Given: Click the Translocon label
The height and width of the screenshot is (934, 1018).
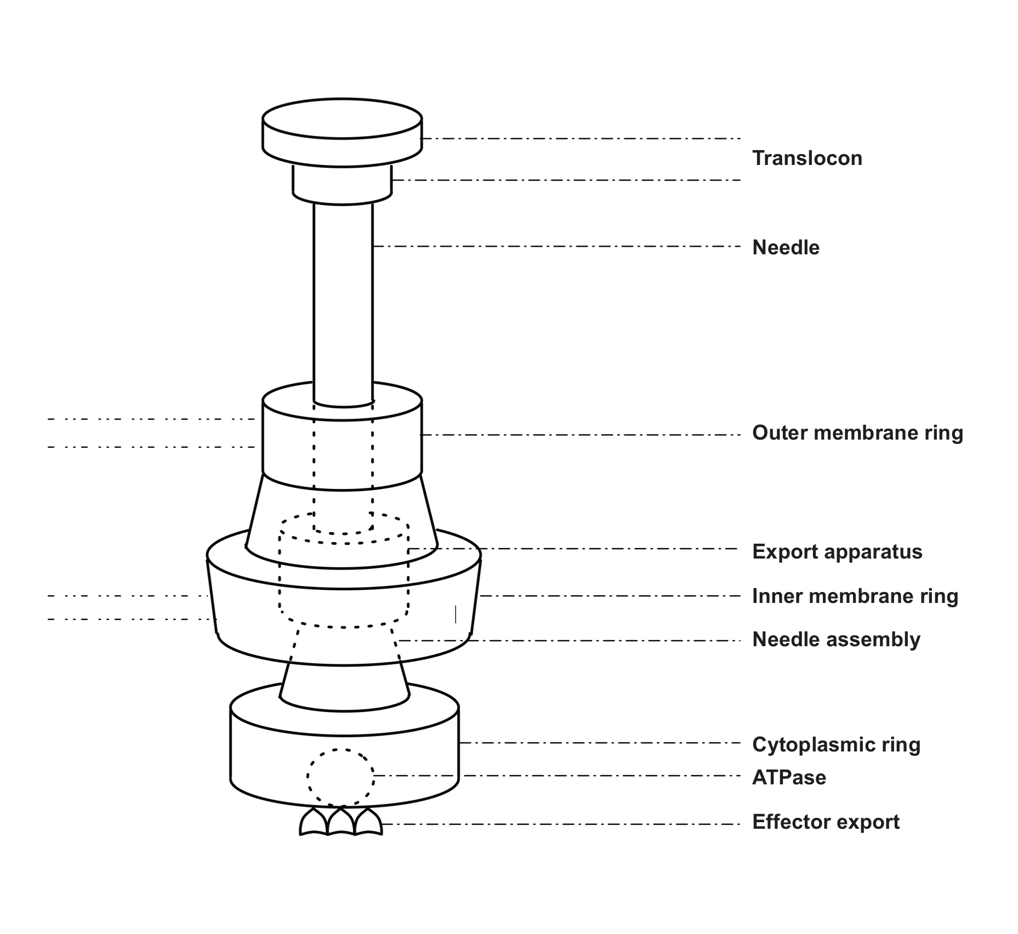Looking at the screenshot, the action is click(x=807, y=158).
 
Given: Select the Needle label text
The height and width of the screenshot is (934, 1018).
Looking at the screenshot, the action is click(x=786, y=248).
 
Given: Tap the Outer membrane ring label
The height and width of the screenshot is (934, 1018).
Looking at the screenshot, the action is click(x=857, y=433).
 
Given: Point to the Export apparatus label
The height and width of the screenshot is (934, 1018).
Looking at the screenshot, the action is click(x=837, y=552).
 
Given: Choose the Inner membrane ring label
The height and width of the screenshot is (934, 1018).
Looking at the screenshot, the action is click(x=855, y=596).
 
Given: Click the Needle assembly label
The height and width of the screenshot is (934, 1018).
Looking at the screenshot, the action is click(x=836, y=640).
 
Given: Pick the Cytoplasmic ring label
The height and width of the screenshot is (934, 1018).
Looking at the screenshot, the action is click(x=836, y=745).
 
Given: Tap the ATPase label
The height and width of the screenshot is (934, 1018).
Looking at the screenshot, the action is click(x=789, y=778).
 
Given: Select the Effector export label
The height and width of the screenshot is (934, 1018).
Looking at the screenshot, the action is click(x=826, y=822).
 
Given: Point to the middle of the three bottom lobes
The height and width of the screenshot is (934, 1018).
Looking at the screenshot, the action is click(x=341, y=821).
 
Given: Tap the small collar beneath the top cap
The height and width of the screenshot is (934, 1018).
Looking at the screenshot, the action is click(x=342, y=186).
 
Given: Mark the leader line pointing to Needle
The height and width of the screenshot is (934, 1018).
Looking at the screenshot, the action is click(x=557, y=247).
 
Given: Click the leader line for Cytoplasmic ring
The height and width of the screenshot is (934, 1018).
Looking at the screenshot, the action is click(x=600, y=743).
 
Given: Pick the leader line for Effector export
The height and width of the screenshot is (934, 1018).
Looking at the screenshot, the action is click(x=561, y=824).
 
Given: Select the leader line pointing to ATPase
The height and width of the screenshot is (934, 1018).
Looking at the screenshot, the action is click(x=557, y=776).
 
